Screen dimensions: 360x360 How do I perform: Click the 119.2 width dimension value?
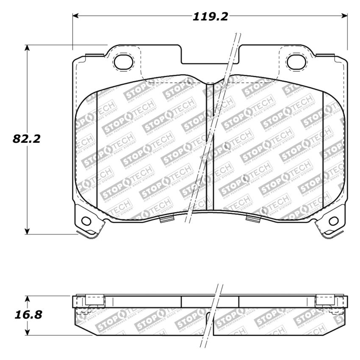(210, 17)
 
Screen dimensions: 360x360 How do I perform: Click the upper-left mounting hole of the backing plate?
(123, 61)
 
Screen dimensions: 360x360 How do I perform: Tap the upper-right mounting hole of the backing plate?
(295, 61)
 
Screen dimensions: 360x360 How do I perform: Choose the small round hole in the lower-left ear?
(86, 221)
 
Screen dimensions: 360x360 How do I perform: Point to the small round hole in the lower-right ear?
(334, 221)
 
